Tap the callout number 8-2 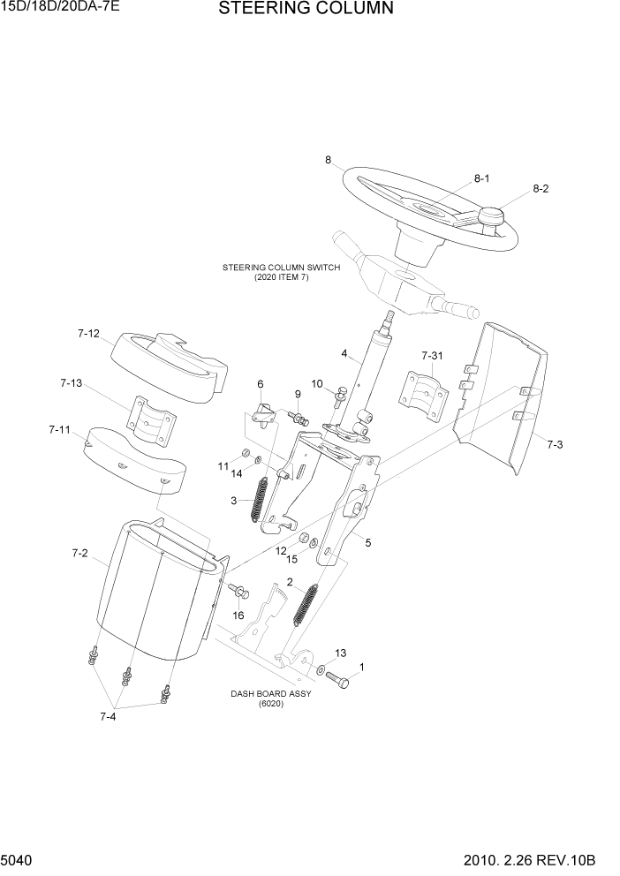click(541, 189)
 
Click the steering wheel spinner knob click(490, 215)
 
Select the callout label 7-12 click(88, 334)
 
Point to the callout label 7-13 click(72, 383)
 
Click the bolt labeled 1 click(339, 680)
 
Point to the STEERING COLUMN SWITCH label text click(281, 271)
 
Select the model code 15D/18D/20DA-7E click(59, 9)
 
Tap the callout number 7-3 click(554, 444)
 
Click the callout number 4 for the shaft click(344, 355)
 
